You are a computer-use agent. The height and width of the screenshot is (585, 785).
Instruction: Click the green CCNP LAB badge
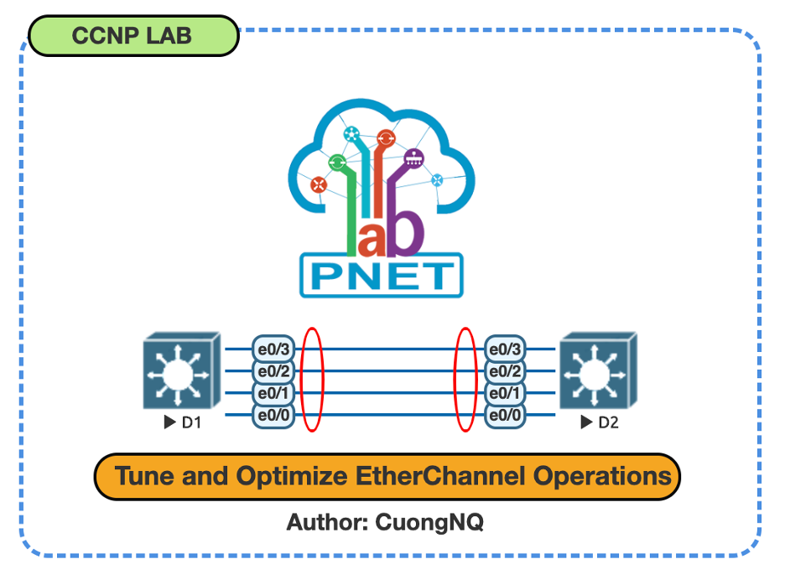133,35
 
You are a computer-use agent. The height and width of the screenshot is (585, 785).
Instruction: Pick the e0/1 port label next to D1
273,393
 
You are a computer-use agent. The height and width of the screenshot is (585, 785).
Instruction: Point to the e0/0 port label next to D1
273,415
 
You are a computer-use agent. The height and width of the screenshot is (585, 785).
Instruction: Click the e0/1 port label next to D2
507,393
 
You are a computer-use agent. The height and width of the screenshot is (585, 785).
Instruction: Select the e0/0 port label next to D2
507,415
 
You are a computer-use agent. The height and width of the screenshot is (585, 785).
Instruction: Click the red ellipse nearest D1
312,380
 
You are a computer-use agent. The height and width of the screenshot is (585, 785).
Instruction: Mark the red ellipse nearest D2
465,380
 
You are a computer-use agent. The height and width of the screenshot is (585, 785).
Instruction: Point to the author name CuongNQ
429,522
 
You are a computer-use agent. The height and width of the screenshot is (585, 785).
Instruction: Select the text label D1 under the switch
192,422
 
